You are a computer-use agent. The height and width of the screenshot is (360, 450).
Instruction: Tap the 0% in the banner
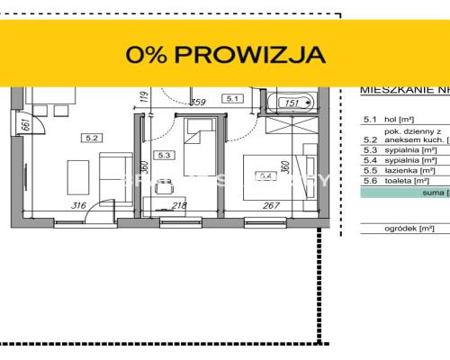tap(148, 54)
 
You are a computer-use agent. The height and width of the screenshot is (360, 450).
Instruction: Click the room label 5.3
tap(164, 155)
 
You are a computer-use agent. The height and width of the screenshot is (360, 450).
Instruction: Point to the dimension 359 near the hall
tap(199, 103)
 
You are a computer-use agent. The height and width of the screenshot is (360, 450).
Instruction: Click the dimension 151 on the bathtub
tap(292, 103)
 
